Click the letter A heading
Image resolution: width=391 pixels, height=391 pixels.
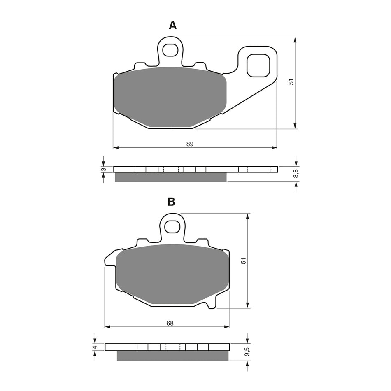tap(172, 26)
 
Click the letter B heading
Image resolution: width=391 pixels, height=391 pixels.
tap(171, 202)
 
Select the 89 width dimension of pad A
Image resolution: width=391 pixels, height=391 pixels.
tap(190, 144)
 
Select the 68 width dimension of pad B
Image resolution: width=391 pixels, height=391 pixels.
tap(170, 323)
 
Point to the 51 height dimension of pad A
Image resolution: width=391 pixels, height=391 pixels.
tap(291, 82)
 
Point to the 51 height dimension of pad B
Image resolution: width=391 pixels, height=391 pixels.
tap(243, 261)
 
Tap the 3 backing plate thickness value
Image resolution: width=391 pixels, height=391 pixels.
tap(104, 169)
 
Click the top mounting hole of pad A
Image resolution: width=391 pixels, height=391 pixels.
tap(169, 50)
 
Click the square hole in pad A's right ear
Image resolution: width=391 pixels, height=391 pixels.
tap(258, 65)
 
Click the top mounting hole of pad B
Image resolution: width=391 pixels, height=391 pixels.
tap(171, 226)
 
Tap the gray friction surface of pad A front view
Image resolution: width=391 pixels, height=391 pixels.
tap(170, 97)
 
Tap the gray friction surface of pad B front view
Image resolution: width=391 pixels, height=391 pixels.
tap(171, 274)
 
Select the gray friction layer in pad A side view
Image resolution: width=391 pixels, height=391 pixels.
tap(170, 177)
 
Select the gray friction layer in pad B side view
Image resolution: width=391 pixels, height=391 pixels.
tap(173, 356)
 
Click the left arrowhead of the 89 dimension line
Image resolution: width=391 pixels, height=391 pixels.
tap(116, 147)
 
